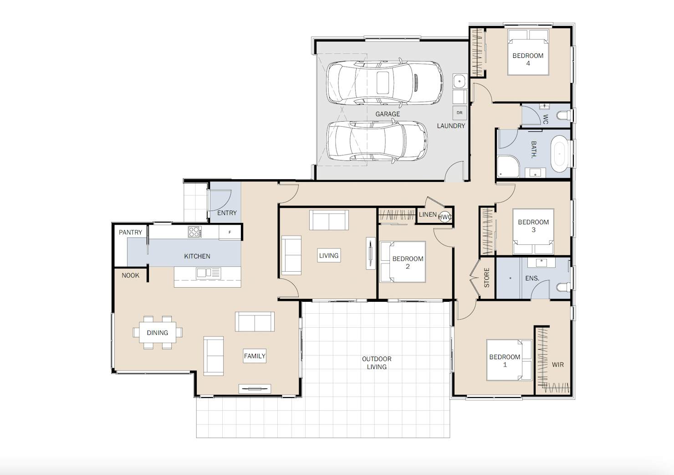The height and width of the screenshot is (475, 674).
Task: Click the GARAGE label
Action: point(388,114)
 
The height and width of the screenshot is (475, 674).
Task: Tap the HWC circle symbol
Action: point(445,217)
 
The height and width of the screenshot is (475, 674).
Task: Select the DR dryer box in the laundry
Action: point(460,113)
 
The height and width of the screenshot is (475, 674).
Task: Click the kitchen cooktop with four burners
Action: point(194,232)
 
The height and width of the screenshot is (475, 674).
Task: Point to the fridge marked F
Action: point(230,232)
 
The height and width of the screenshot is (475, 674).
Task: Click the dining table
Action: point(158,332)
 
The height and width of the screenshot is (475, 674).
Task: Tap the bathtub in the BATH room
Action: point(559,154)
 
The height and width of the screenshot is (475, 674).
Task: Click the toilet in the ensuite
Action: point(563,287)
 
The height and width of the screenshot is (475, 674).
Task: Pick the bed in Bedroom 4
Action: point(528,52)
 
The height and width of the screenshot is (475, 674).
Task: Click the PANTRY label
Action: point(130,232)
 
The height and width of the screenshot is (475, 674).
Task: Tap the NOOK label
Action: point(130,275)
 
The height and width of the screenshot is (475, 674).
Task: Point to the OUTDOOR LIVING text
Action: point(377,363)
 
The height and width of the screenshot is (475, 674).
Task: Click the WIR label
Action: point(557,365)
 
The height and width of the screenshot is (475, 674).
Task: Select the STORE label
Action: point(486,278)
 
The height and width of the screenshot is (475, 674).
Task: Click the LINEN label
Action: point(428,214)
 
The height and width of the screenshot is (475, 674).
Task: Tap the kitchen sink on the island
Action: point(208,273)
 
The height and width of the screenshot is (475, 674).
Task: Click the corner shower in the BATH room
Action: point(508,166)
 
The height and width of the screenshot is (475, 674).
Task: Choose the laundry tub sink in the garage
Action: point(460,81)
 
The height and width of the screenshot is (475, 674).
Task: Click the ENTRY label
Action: point(227,213)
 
